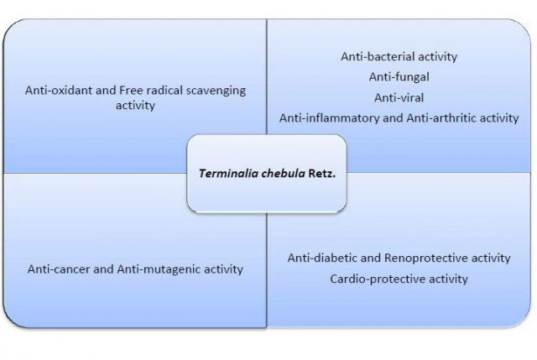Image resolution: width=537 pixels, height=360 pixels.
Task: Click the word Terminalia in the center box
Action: [x=228, y=174]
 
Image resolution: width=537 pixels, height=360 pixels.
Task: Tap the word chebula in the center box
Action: [x=283, y=174]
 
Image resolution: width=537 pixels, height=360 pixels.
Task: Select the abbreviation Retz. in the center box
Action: [x=322, y=174]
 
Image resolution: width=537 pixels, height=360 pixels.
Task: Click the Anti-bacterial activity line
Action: [x=399, y=56]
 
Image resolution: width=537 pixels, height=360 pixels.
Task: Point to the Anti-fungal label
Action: [x=399, y=77]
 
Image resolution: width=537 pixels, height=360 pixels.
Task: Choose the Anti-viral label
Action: [x=399, y=97]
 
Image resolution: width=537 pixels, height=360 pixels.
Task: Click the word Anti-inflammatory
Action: [x=330, y=118]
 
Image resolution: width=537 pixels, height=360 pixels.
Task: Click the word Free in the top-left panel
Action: [x=131, y=90]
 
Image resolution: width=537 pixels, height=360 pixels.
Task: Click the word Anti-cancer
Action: [x=59, y=269]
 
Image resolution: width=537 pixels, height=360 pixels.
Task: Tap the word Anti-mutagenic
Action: [x=159, y=270]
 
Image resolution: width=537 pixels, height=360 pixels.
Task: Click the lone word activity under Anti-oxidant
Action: [x=135, y=106]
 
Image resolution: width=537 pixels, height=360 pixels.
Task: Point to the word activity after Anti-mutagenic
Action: [x=224, y=270]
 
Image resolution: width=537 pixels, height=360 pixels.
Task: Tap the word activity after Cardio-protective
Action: [x=448, y=279]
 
